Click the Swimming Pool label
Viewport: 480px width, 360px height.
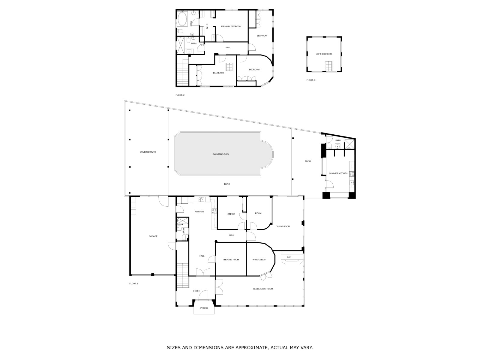click(221, 154)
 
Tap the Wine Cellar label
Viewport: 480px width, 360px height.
click(259, 260)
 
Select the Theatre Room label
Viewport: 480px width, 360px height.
click(231, 260)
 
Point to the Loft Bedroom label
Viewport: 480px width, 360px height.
click(324, 54)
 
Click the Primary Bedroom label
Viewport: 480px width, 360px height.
click(231, 26)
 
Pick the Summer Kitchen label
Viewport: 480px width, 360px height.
click(338, 174)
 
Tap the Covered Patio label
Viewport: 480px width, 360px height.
click(148, 152)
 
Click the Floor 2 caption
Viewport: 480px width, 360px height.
click(180, 95)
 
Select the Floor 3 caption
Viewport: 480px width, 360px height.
click(311, 80)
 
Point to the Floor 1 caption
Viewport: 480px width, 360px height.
click(133, 284)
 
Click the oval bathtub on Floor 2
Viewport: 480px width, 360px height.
click(182, 19)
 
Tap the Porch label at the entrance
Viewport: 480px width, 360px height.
click(204, 308)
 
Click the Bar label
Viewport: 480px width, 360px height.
click(289, 257)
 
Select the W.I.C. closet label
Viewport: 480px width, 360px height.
click(207, 26)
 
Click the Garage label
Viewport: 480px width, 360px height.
click(153, 236)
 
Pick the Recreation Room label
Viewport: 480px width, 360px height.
click(263, 289)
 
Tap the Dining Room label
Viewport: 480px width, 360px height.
click(283, 226)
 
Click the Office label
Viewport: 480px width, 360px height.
click(231, 214)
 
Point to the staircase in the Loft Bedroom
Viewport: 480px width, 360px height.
click(328, 66)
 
